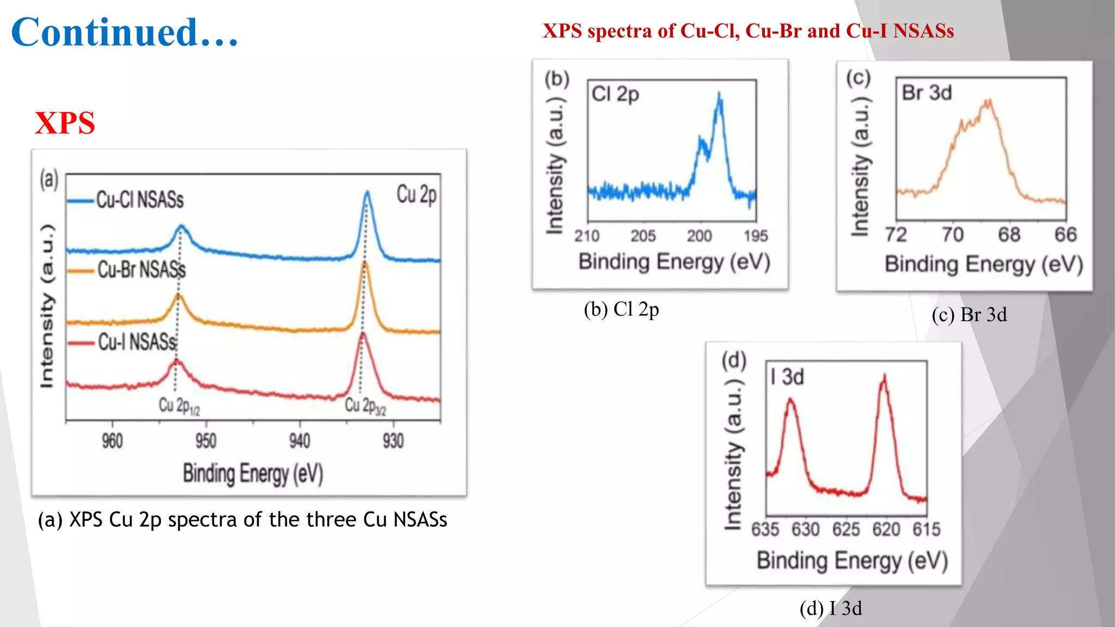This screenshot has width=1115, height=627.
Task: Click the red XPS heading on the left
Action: [x=65, y=123]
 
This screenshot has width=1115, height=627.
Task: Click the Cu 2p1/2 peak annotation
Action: [x=179, y=405]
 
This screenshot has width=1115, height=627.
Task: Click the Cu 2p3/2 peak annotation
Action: [x=365, y=406]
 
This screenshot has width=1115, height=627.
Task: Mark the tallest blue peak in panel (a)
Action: [x=367, y=192]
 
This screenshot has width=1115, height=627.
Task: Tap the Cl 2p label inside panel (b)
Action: [x=615, y=94]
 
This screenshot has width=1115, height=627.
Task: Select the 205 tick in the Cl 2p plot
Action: [x=643, y=236]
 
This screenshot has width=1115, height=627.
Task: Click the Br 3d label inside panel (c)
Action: [x=927, y=93]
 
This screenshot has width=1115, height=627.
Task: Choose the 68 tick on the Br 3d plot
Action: [x=1009, y=235]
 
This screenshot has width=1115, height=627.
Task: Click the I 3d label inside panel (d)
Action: [x=787, y=377]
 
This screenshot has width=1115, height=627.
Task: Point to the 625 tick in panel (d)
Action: [x=846, y=530]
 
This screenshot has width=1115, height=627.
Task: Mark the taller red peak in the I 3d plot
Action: [x=885, y=377]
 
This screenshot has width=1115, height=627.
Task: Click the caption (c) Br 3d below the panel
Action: [x=969, y=315]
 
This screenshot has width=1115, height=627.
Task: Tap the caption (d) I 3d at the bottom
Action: [x=831, y=608]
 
